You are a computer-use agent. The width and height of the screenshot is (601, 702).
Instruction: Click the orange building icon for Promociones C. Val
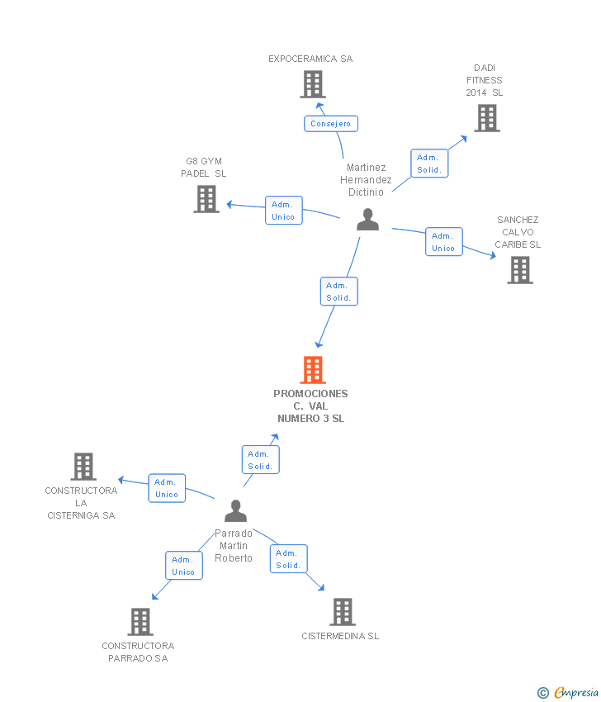(x=313, y=370)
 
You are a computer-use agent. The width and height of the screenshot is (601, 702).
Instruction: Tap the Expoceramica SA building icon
(x=313, y=84)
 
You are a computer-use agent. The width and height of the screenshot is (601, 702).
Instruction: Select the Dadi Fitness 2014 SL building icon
(x=487, y=118)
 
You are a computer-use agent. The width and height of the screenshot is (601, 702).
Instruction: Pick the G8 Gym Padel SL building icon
(x=206, y=199)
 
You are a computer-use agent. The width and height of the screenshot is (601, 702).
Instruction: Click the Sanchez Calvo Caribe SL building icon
(x=520, y=270)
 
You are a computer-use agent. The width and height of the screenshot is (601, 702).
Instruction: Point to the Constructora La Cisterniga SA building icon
(x=83, y=467)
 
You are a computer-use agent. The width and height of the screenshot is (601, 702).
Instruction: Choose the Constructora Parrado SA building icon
(x=140, y=622)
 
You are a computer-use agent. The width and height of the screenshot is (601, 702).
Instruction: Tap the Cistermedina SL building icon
(x=343, y=612)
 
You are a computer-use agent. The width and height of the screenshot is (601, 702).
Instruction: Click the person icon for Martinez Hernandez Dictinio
(x=367, y=220)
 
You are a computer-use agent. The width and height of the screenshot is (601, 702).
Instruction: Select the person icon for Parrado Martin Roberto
(x=236, y=511)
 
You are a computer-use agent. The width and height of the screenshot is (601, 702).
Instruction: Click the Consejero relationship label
(x=330, y=124)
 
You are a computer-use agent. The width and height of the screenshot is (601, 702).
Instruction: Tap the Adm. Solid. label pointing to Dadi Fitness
(x=429, y=164)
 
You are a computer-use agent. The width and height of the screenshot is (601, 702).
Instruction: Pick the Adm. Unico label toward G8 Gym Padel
(x=284, y=211)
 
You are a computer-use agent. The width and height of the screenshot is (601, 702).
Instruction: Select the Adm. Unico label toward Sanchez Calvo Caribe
(x=443, y=242)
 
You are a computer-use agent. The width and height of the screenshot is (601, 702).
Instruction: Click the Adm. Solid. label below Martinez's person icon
(x=338, y=292)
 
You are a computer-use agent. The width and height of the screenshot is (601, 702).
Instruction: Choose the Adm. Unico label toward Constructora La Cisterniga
(x=167, y=488)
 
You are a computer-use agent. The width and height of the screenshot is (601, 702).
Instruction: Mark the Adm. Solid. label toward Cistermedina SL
(x=288, y=559)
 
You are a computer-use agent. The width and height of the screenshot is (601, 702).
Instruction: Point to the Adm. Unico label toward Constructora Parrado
(x=183, y=566)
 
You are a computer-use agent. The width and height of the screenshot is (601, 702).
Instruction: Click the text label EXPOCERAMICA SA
(x=310, y=59)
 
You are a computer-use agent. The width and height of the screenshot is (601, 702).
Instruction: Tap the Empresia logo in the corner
(x=568, y=693)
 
